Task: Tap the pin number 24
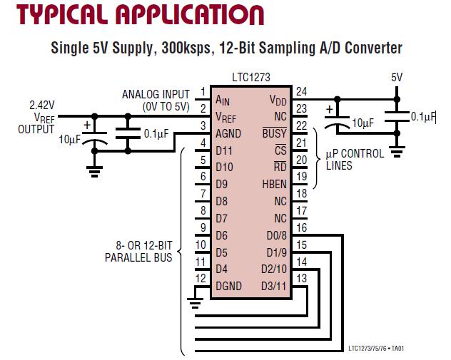coord(300,91)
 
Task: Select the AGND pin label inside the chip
coord(228,133)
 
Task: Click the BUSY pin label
coord(274,133)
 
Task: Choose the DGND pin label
coord(228,287)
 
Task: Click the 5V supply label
coord(397,77)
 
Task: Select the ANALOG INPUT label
coord(156,94)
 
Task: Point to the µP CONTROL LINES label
coord(355,159)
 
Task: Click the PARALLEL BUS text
coord(139,257)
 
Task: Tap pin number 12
coord(201,278)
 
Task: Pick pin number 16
coord(300,228)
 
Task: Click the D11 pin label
coord(225,150)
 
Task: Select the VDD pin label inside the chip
coord(278,100)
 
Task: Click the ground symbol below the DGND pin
coord(195,302)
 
